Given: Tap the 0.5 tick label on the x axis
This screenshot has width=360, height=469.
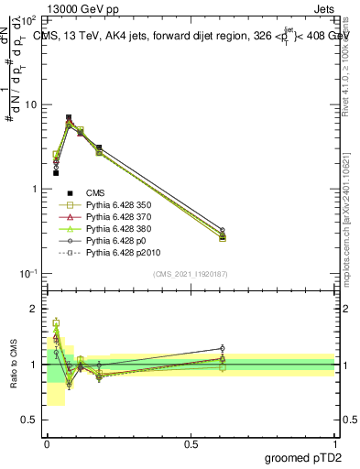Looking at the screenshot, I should click(191, 442).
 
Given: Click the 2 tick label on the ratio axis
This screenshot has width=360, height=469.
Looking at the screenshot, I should click(34, 309).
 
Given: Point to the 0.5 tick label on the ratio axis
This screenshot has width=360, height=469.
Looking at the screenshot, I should click(29, 420).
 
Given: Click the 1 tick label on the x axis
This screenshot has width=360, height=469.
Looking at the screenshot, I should click(335, 442).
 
